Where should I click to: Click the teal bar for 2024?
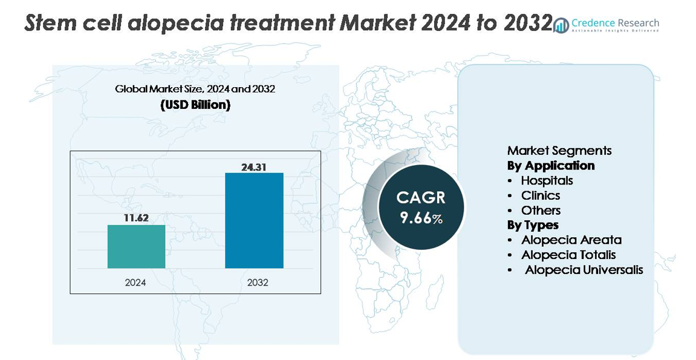(x=136, y=246)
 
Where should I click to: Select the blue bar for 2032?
(x=254, y=220)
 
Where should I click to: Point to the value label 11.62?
(x=136, y=218)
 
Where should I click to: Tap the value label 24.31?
(x=254, y=166)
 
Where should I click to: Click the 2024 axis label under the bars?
(x=135, y=283)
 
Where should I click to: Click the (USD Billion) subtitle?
(x=195, y=105)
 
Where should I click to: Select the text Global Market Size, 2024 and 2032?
(x=195, y=89)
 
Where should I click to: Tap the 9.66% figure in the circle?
(x=421, y=218)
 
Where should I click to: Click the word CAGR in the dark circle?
(x=421, y=198)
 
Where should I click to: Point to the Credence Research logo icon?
(x=562, y=25)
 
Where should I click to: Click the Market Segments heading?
(x=559, y=151)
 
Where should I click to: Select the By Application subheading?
(x=551, y=166)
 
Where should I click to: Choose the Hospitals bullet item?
(x=547, y=180)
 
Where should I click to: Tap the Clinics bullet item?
(x=541, y=195)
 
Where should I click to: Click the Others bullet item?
(x=541, y=211)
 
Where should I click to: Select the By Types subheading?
(x=533, y=225)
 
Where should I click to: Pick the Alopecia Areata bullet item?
(x=571, y=240)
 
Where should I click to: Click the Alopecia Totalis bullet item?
(x=568, y=255)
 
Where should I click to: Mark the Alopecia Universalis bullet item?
(x=584, y=270)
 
